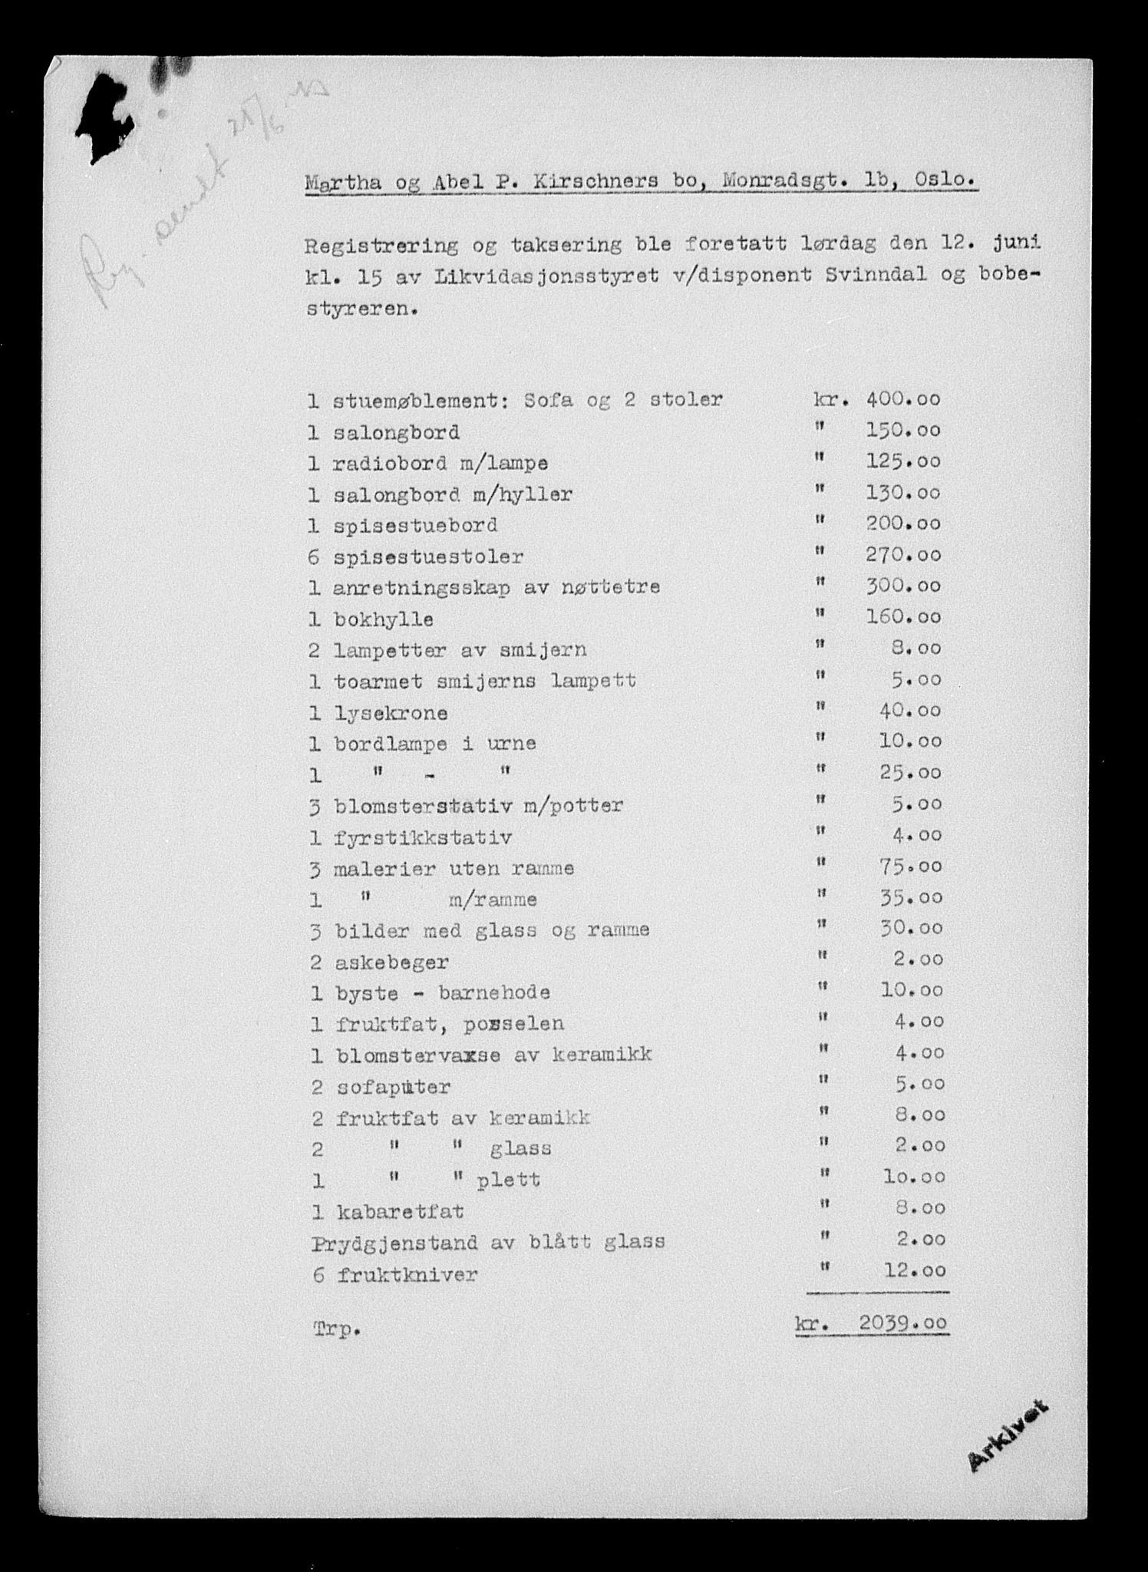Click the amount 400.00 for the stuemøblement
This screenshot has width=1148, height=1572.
[x=903, y=399]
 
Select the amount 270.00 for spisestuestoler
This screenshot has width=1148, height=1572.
[x=903, y=555]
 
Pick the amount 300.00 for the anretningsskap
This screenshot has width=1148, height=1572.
[x=903, y=586]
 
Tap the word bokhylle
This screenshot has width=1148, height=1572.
[x=383, y=619]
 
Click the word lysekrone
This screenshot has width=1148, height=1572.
[x=391, y=712]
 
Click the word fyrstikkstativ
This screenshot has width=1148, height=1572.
[x=423, y=837]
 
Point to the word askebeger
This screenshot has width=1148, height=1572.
[x=392, y=962]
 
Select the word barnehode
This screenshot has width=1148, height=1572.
[x=494, y=992]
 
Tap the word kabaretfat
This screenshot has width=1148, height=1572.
[x=399, y=1211]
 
